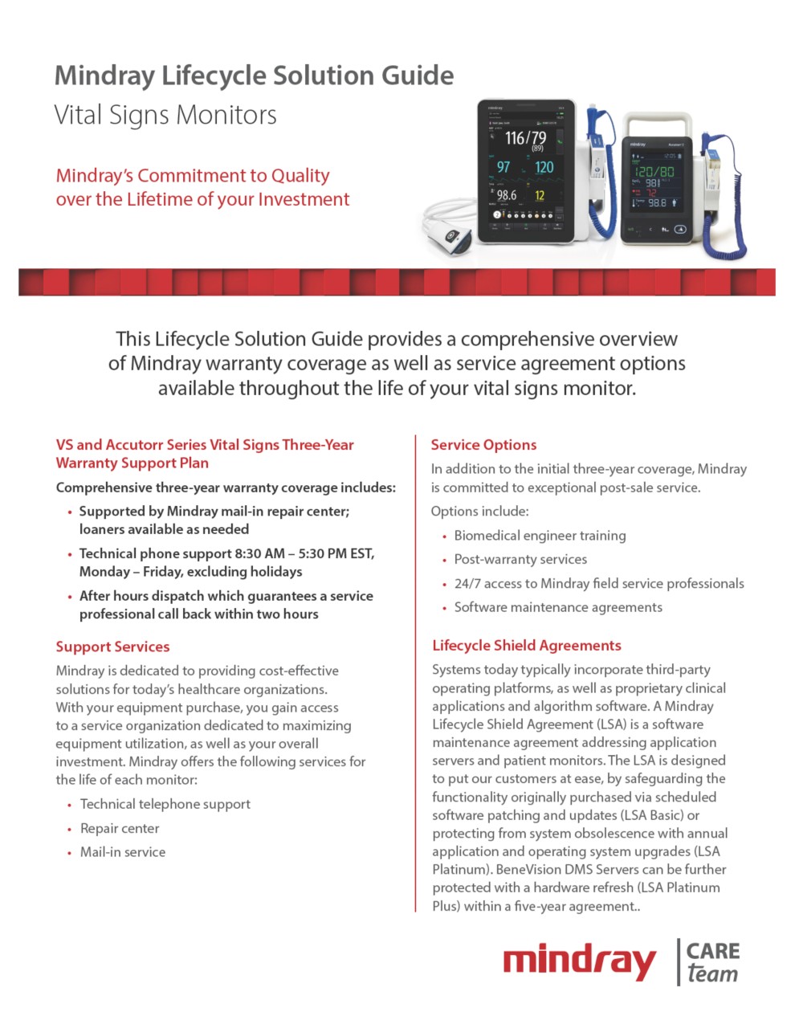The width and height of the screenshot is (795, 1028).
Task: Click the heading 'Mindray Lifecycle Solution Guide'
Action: click(254, 75)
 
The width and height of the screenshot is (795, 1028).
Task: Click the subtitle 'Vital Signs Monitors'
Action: click(165, 115)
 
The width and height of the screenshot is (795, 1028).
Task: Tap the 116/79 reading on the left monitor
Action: click(525, 138)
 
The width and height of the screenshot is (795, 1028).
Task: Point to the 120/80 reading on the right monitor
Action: click(654, 171)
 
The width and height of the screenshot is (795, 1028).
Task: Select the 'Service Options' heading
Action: click(483, 445)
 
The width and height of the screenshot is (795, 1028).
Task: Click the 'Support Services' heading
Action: click(112, 647)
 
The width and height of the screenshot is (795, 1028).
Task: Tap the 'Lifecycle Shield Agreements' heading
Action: click(526, 646)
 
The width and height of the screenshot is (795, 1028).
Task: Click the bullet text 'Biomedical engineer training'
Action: click(540, 536)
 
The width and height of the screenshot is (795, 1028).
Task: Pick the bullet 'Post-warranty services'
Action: click(520, 560)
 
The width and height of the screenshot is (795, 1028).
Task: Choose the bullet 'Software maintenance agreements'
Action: click(558, 607)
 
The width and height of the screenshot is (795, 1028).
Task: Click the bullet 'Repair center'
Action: click(120, 828)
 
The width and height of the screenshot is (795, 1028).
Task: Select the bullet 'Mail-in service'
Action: click(123, 852)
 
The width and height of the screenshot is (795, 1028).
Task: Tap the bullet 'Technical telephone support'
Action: click(165, 804)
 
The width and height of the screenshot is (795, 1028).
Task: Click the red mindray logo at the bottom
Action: click(579, 961)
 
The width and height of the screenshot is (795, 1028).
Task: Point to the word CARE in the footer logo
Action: click(713, 951)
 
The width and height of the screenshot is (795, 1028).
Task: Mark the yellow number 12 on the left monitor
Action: click(540, 195)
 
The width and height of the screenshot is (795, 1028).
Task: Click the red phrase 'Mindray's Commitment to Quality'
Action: click(193, 175)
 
